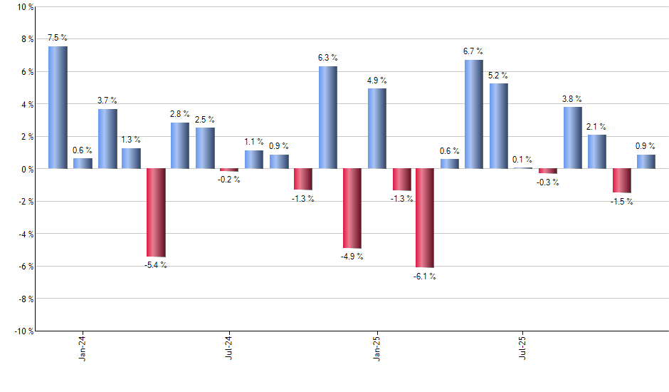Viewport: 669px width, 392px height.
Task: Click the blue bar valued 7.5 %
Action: coord(58,108)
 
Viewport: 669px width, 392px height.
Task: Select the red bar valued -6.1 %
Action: coord(425,218)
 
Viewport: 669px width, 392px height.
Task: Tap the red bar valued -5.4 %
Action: coord(155,212)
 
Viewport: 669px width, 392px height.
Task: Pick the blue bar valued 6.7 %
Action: coord(473,114)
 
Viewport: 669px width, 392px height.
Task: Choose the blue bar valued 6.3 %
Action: coord(327,118)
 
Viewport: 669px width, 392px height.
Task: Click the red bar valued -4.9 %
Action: coord(352,208)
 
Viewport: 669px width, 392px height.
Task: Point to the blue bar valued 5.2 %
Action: coord(498,126)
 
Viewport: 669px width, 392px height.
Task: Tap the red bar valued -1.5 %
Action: coord(621,180)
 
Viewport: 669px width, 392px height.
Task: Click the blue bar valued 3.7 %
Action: coord(107,139)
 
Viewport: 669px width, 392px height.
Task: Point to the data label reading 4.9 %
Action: coord(377,80)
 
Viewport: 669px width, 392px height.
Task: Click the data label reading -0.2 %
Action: coord(229,180)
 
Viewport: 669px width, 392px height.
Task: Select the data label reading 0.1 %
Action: coord(523,160)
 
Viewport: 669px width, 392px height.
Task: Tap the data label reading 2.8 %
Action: coord(180,114)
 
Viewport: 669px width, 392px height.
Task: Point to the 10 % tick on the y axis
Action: coord(24,7)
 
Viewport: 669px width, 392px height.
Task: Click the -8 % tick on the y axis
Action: coord(24,299)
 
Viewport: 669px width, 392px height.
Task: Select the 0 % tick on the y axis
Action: coord(26,169)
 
